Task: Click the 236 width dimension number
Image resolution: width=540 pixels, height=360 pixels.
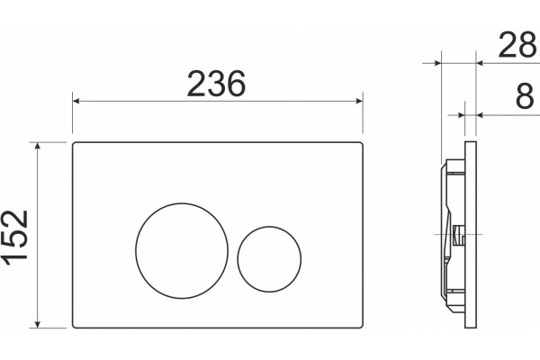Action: (216, 84)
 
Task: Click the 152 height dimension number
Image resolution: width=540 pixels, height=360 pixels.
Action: (16, 238)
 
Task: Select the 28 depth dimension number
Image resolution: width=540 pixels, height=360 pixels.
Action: (517, 45)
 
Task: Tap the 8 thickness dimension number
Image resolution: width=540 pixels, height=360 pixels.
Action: (525, 97)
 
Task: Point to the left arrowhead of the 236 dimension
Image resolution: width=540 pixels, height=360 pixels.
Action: (76, 101)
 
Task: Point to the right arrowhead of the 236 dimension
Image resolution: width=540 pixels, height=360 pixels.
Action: (359, 101)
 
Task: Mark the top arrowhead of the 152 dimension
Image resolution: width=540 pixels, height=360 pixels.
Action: (38, 146)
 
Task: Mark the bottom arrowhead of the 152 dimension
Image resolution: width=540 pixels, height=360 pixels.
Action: (38, 324)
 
